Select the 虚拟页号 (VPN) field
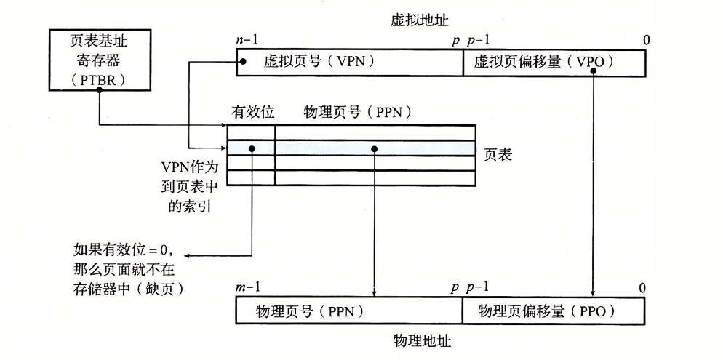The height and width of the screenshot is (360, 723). point(350,63)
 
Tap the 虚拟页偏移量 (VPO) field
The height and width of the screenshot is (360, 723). point(554,63)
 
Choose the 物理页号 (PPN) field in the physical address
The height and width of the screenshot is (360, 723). point(349,311)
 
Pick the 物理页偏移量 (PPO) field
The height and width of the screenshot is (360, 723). point(554,311)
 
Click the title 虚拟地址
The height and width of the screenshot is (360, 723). point(419,21)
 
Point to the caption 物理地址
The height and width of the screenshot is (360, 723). point(422,341)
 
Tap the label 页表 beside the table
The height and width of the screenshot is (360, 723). point(498,155)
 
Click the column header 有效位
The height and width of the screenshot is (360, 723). point(252,112)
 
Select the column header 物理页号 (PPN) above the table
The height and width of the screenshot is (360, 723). point(357,112)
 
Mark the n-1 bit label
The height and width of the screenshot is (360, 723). point(248,40)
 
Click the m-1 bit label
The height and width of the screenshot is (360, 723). point(248,287)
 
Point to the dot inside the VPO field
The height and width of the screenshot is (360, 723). point(593,71)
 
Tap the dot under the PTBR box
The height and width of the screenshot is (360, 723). point(99,90)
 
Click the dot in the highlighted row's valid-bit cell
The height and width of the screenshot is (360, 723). point(252,148)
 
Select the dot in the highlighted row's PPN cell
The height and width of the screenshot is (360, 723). point(374,148)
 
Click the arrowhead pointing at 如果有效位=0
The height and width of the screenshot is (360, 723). point(187,256)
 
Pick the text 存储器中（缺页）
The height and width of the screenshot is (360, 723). point(129,289)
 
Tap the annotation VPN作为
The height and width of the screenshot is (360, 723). point(189,166)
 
